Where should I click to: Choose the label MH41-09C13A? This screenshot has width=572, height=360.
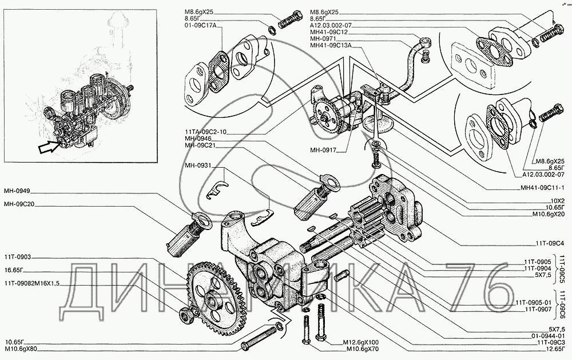[331, 46]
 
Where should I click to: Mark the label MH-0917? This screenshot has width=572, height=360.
[324, 151]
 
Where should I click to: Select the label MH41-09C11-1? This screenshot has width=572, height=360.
[543, 187]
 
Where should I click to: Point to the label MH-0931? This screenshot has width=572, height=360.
[197, 166]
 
